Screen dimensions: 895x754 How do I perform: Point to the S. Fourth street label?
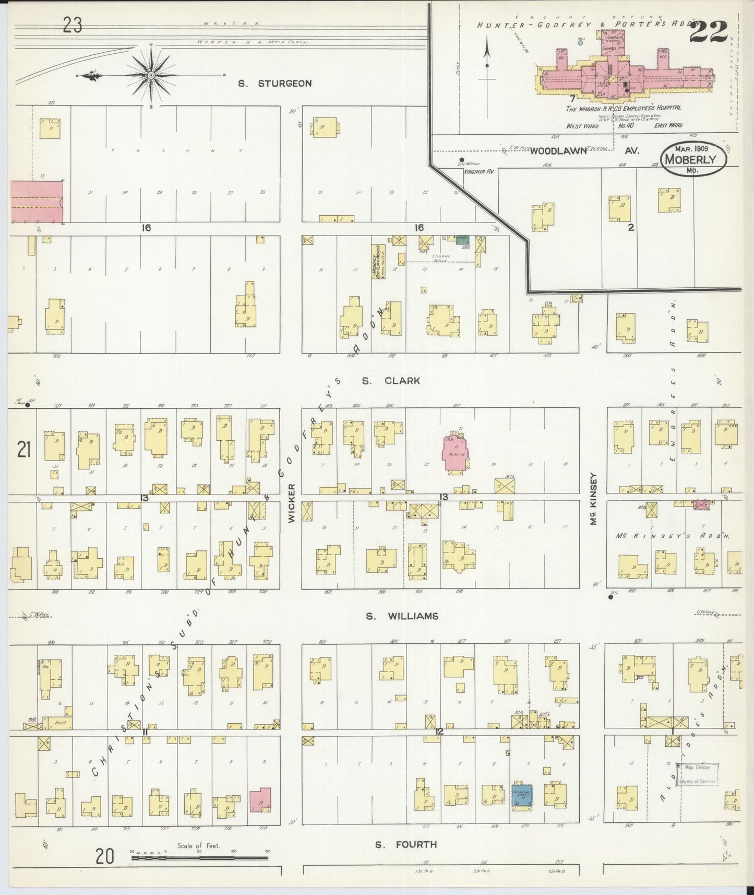pos(406,844)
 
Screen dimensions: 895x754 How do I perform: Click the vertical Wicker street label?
pos(292,502)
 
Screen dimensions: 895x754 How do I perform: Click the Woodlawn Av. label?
pos(584,151)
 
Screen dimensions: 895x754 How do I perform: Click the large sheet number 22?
pos(709,32)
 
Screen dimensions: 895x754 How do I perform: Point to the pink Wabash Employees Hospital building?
pos(621,78)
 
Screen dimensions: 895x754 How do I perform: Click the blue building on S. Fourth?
pos(521,796)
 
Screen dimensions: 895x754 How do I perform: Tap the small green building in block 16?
pos(462,240)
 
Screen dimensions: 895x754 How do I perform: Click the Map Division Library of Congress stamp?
pos(698,774)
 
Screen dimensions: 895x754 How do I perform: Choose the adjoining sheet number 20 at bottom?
pos(105,856)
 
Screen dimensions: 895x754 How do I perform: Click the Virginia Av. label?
pos(480,171)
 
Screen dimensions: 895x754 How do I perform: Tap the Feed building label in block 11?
pos(59,723)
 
